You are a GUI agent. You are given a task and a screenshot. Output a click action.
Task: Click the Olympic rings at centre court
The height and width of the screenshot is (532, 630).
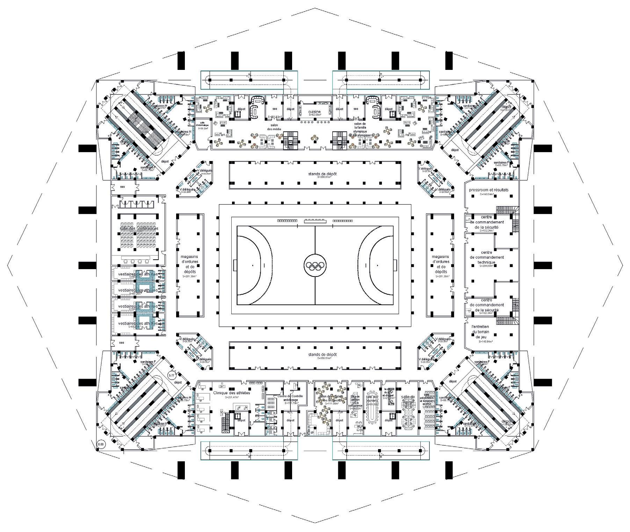tap(315, 266)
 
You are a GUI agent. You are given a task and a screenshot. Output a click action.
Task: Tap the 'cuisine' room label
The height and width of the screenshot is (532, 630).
tap(314, 112)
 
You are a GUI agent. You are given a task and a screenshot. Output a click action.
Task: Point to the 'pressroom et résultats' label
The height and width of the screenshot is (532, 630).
tap(488, 190)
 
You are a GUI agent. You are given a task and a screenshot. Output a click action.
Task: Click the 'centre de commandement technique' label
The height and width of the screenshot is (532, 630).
tap(486, 257)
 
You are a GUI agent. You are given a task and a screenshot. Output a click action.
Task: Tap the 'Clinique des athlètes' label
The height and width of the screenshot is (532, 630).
tap(232, 393)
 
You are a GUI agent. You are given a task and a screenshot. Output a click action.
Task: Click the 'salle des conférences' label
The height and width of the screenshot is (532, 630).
tap(139, 229)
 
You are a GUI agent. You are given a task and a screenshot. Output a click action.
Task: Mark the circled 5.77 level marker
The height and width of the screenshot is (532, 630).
tap(172, 375)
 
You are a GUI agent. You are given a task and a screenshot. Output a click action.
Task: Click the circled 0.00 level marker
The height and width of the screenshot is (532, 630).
tap(101, 445)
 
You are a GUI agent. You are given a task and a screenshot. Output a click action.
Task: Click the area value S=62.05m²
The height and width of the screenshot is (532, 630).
tap(314, 115)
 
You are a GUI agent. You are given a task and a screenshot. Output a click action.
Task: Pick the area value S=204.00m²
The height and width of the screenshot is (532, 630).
tap(486, 266)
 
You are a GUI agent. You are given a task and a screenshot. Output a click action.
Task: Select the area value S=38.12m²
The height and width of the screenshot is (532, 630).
tap(203, 128)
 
